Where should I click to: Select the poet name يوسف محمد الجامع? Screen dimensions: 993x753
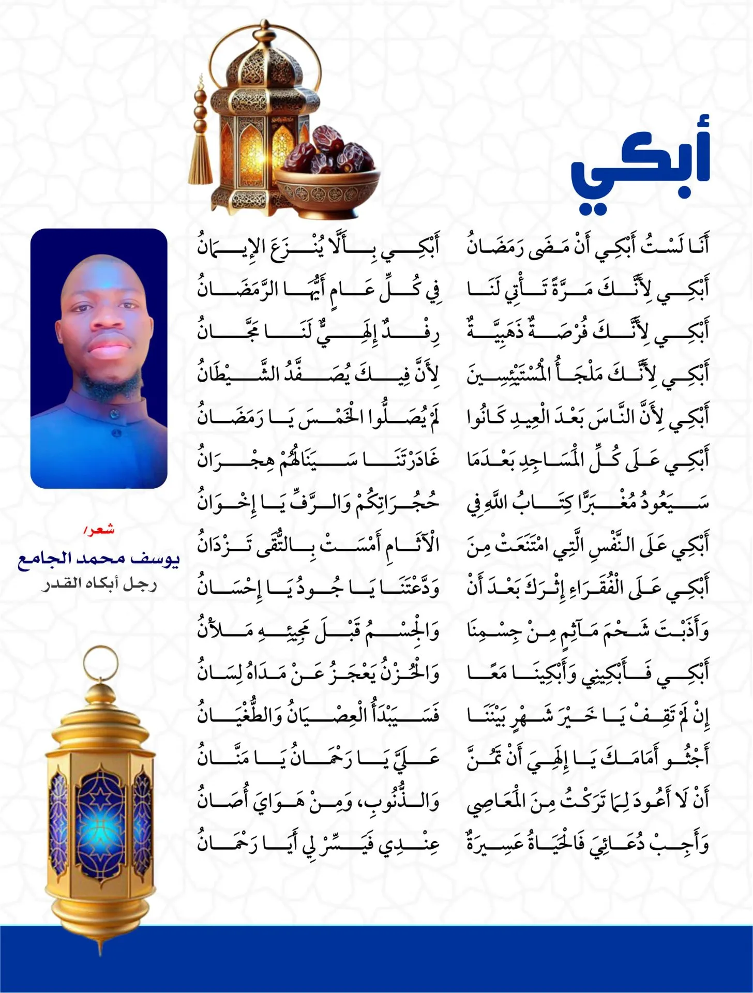98,560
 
